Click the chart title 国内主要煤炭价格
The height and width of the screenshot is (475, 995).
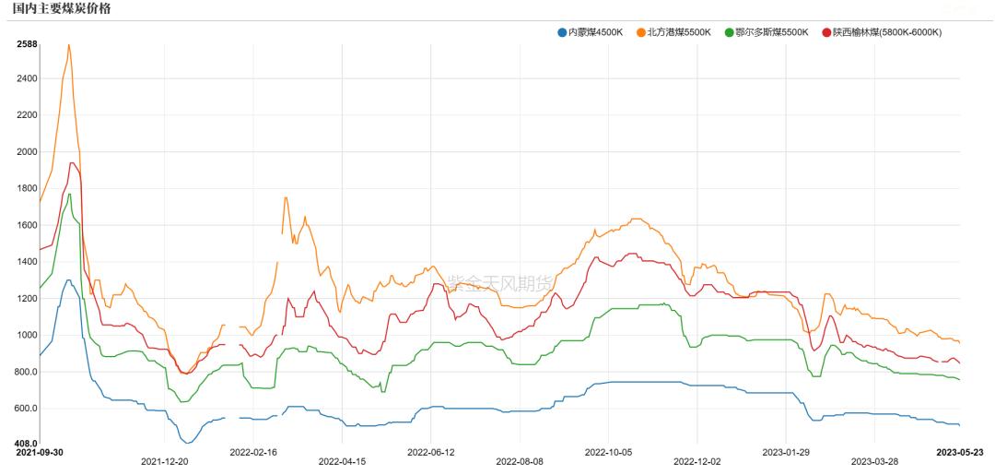[60, 8]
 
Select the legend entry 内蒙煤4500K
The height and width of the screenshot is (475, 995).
[595, 32]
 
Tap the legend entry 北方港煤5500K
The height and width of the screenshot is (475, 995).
[679, 32]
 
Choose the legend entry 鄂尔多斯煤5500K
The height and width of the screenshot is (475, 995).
[771, 32]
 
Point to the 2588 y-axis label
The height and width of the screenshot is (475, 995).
[27, 44]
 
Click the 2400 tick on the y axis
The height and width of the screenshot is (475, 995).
[27, 78]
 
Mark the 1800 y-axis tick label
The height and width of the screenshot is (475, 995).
[27, 189]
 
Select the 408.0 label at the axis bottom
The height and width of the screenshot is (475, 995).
[27, 444]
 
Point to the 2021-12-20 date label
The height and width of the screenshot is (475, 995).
[164, 460]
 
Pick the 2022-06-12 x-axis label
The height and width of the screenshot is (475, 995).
[431, 453]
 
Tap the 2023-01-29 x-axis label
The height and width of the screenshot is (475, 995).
[786, 453]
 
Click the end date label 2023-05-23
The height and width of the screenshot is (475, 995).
[960, 453]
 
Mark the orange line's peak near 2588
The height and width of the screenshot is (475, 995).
[69, 44]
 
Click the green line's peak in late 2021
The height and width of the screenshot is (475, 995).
[70, 194]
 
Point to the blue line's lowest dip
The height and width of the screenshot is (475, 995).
[189, 443]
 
